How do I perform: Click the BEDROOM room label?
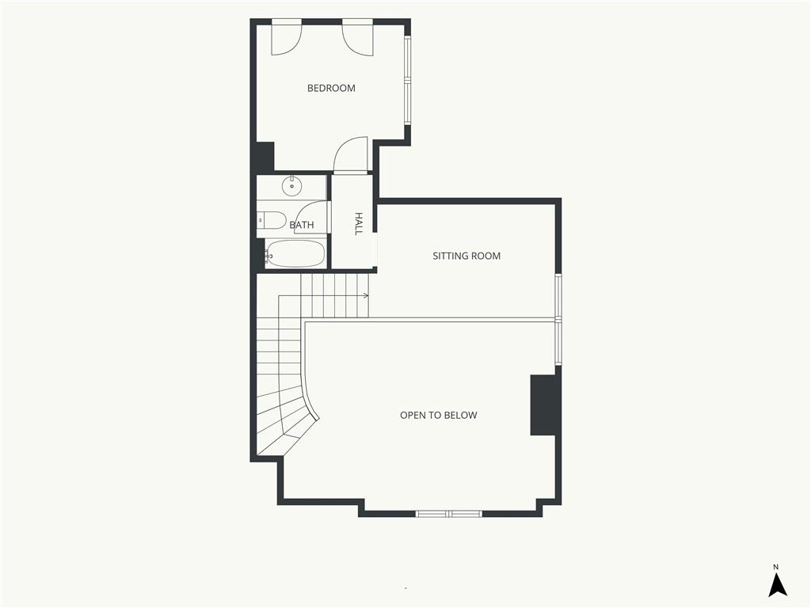tap(331, 89)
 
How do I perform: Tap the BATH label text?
tap(302, 225)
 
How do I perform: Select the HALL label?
tap(359, 223)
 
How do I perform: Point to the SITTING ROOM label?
tap(466, 256)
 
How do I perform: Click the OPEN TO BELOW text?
tap(439, 415)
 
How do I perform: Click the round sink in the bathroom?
tap(291, 186)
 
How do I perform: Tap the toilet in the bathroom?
tap(271, 220)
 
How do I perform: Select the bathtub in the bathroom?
tap(295, 254)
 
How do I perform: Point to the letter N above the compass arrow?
tap(776, 567)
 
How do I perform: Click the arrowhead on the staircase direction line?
tap(366, 296)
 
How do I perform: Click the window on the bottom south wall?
tap(449, 514)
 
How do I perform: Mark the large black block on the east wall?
tap(544, 405)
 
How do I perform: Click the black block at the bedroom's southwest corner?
tap(264, 157)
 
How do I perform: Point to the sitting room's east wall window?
tap(558, 318)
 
